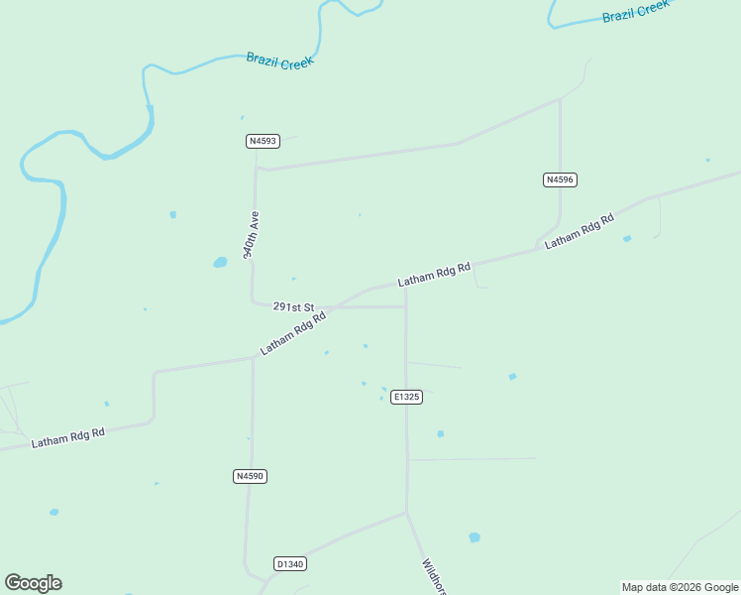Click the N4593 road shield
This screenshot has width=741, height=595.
point(262,141)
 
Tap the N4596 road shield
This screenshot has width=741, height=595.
point(560,179)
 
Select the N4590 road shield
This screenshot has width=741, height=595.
point(251,477)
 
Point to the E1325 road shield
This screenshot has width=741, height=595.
point(406,397)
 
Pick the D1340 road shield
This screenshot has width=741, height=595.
point(289,564)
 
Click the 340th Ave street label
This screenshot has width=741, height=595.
point(252,234)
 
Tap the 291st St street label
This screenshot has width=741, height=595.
point(293,307)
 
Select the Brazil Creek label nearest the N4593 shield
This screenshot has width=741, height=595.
point(279,60)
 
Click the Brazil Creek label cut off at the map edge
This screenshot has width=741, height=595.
point(636,12)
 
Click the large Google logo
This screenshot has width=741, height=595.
point(33,583)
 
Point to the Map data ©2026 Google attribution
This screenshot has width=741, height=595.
point(680,587)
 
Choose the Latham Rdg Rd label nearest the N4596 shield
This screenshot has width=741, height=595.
point(580,230)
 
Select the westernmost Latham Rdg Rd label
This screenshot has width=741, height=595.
point(67,437)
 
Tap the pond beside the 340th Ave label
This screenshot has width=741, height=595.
point(220,263)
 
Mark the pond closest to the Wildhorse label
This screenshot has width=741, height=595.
point(475,537)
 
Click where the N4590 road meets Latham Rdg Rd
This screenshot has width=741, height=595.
point(254,358)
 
